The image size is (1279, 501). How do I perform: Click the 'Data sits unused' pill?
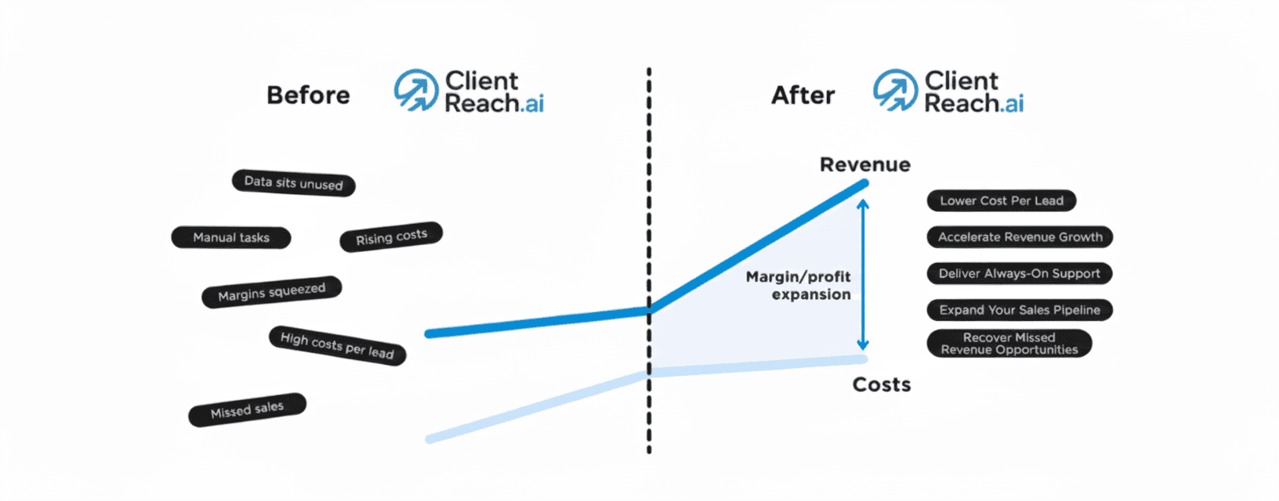[294, 183]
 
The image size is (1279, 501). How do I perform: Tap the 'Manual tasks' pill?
[231, 237]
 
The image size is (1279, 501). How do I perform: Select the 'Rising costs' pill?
[391, 237]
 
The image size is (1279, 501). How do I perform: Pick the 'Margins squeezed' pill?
[272, 292]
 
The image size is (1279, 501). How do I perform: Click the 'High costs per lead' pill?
[337, 345]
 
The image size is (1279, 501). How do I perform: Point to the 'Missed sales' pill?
[247, 409]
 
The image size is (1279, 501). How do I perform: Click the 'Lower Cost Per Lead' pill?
[1002, 200]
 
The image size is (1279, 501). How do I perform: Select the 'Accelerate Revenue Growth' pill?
[1020, 236]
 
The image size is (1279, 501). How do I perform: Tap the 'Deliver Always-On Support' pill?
[1019, 273]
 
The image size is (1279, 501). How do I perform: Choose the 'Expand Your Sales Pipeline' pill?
[1019, 310]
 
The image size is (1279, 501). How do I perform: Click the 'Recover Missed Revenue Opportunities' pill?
[1009, 344]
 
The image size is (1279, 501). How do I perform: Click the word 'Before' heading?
[308, 96]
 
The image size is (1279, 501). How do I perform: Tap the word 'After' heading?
[803, 96]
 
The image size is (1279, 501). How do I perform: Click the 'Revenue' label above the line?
[864, 164]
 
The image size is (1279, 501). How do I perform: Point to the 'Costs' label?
[882, 384]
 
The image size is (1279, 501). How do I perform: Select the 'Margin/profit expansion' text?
[799, 286]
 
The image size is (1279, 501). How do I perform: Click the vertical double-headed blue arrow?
[863, 274]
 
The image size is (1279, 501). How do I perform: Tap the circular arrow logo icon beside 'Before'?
[415, 90]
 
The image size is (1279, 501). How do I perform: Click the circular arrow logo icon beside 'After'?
[895, 90]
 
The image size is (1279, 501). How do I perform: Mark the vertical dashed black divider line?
[649, 196]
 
